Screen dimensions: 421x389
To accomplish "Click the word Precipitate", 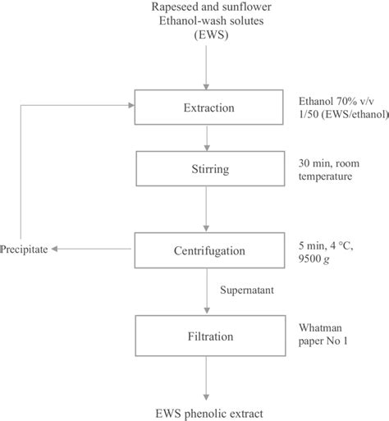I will click(x=24, y=246).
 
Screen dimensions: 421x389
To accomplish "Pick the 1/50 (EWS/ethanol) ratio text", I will click(x=343, y=114).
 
